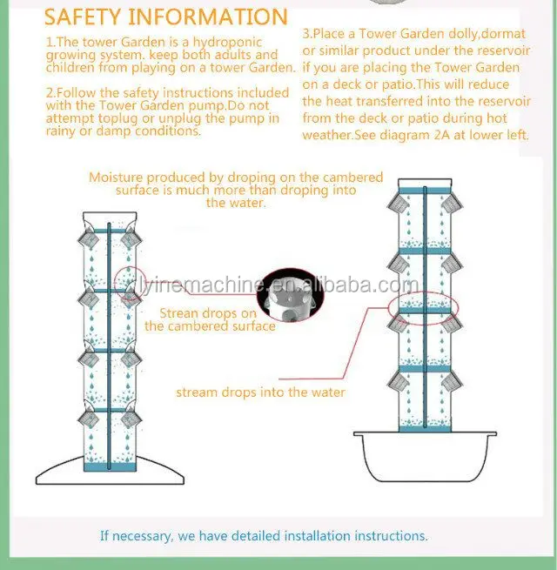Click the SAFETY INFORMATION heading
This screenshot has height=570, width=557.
coord(165,17)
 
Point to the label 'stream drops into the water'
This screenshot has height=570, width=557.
coord(260,392)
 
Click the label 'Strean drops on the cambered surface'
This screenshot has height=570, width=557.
coord(211,319)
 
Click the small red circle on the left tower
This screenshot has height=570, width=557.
coord(127,281)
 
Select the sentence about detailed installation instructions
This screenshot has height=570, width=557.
coord(264,536)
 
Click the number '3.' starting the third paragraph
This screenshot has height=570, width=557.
coord(307,35)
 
